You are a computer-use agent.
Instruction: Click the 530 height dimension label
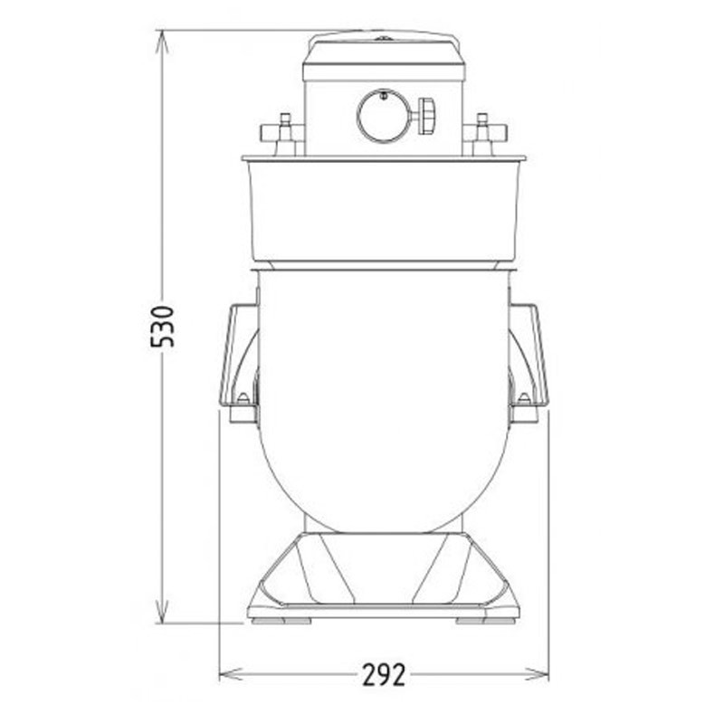[162, 327]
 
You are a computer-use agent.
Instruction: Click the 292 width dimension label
[385, 674]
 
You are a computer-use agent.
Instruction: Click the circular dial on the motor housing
[384, 116]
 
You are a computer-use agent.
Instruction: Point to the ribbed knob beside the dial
[425, 116]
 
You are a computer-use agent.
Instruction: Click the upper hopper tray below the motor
[383, 208]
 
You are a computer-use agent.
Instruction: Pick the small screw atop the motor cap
[383, 38]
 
